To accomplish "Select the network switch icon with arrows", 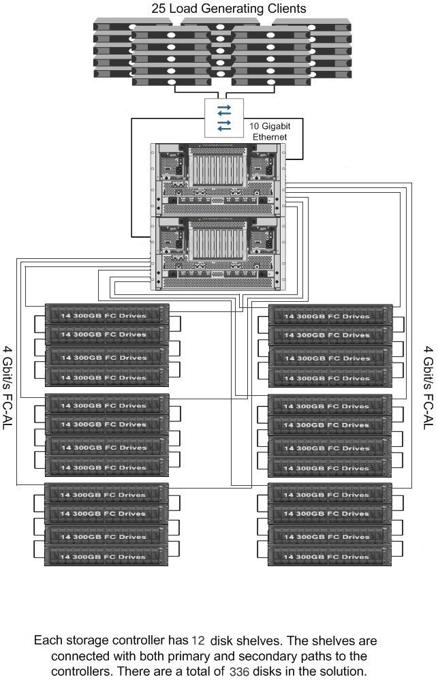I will tap(223, 117).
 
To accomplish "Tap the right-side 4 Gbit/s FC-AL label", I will tap(428, 388).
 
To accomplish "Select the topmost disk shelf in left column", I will tap(107, 315).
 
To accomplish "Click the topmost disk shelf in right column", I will tap(331, 315).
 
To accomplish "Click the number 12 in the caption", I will tap(197, 641).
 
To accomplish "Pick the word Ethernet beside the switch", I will tap(267, 137).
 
